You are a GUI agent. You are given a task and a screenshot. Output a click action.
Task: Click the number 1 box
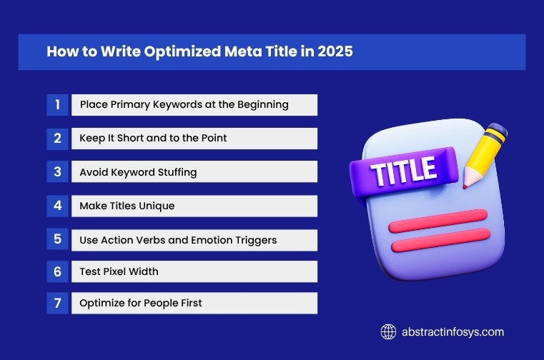(x=57, y=105)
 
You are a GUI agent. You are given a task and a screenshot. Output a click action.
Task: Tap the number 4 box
(x=57, y=206)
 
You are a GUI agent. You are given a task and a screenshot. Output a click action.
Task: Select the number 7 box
(x=57, y=303)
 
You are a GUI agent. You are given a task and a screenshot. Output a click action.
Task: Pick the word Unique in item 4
(x=157, y=206)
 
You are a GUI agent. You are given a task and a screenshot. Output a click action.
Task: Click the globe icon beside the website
(x=388, y=331)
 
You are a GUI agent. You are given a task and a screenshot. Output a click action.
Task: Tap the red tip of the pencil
(x=465, y=184)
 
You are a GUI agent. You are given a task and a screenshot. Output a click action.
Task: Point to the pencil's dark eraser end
(x=498, y=131)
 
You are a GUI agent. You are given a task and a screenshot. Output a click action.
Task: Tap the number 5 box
(x=57, y=240)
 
